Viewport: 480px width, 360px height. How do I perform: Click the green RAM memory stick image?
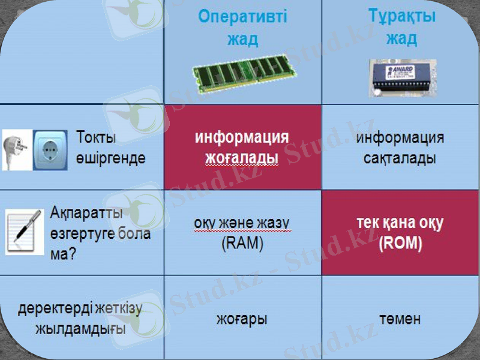pyautogui.click(x=245, y=73)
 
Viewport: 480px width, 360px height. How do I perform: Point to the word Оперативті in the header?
pyautogui.click(x=242, y=17)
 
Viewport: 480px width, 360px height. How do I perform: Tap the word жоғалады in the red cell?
pyautogui.click(x=242, y=159)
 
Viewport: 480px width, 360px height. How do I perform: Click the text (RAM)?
pyautogui.click(x=242, y=244)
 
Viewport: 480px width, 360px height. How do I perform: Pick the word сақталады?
pyautogui.click(x=400, y=159)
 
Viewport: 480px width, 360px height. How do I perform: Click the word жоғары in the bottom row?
pyautogui.click(x=242, y=319)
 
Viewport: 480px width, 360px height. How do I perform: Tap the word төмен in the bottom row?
pyautogui.click(x=400, y=319)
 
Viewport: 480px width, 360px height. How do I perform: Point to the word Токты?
pyautogui.click(x=97, y=137)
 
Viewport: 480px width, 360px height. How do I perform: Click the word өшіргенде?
pyautogui.click(x=111, y=158)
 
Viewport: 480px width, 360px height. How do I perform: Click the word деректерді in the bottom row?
pyautogui.click(x=55, y=309)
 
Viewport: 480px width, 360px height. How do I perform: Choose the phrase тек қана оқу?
pyautogui.click(x=400, y=224)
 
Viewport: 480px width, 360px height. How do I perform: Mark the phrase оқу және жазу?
pyautogui.click(x=242, y=224)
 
